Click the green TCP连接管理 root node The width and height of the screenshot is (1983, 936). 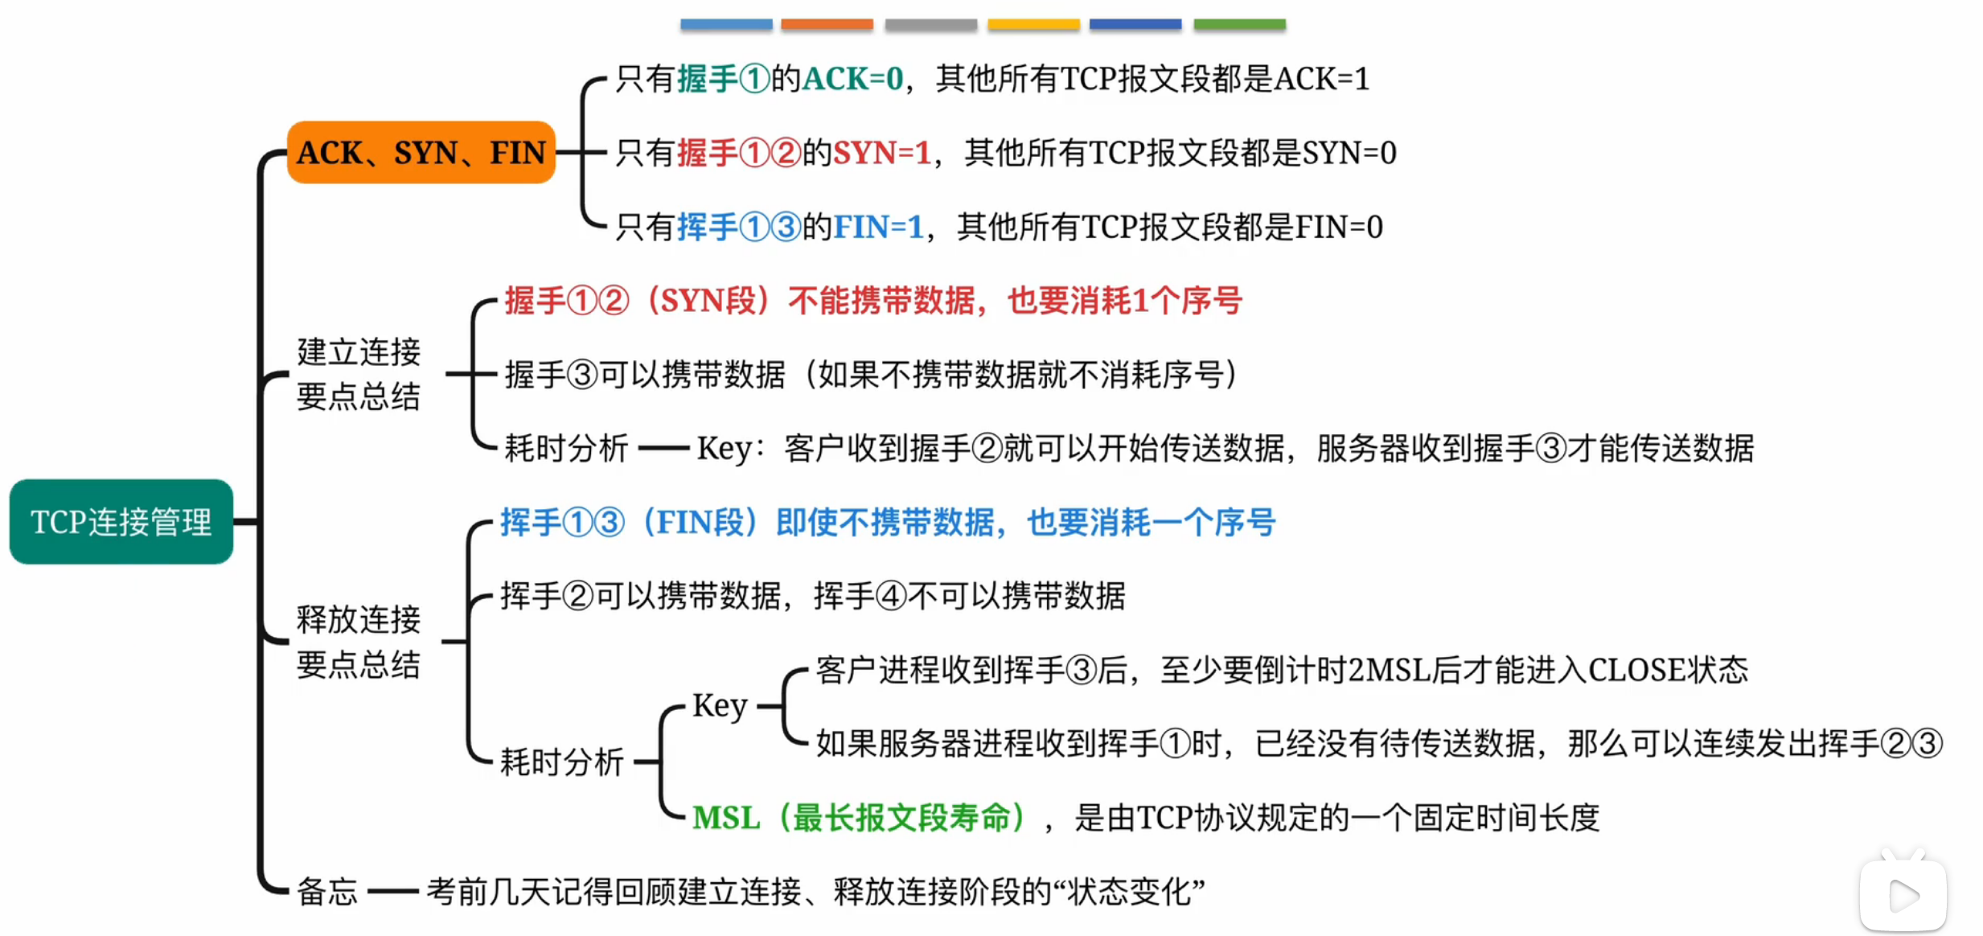point(121,522)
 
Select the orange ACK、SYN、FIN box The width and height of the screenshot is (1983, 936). point(421,152)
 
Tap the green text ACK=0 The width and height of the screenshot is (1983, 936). point(853,79)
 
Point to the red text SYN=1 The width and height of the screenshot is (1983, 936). point(881,153)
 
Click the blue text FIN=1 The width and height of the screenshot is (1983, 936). point(878,227)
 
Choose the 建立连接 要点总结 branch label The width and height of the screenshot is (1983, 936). point(358,374)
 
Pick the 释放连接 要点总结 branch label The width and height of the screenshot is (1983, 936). point(358,642)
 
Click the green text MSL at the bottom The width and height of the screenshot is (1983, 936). point(725,818)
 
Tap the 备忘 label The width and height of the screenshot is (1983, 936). point(326,891)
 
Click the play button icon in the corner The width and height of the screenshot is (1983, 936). point(1903,896)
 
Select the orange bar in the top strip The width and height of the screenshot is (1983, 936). point(827,25)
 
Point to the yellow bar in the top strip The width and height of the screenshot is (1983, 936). point(1033,25)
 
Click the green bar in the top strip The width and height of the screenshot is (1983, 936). point(1239,25)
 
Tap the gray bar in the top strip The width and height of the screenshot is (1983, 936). point(930,25)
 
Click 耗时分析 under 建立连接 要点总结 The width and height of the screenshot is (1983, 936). point(565,448)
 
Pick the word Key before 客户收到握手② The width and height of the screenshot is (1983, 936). point(724,448)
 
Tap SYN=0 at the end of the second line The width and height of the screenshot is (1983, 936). point(1349,153)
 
